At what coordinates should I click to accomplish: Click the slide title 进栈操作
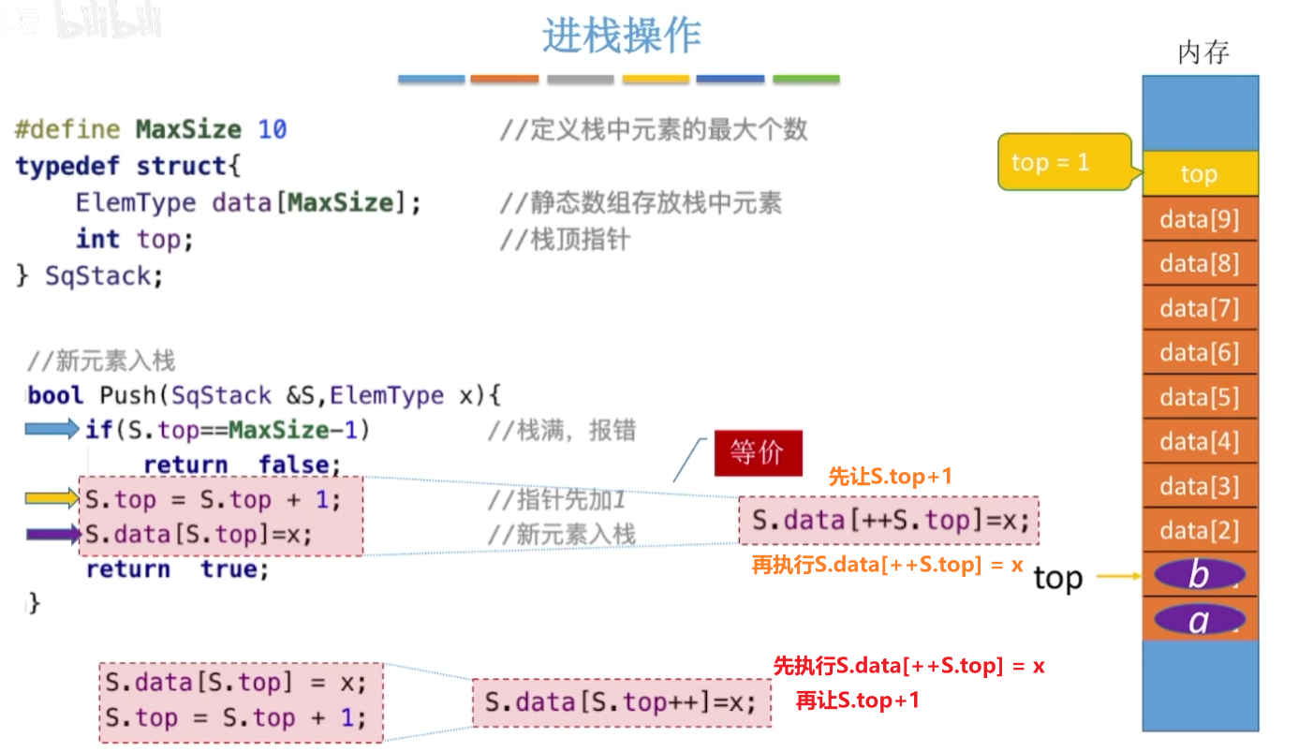621,36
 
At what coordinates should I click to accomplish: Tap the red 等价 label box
758,453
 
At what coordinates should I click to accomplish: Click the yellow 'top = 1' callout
1064,162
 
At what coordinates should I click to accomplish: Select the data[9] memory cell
1200,220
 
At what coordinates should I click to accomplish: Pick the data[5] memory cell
1200,398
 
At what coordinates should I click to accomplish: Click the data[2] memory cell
1200,531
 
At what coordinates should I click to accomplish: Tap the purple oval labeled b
1200,574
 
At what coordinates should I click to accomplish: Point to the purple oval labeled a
1200,619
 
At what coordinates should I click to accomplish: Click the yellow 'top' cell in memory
1200,174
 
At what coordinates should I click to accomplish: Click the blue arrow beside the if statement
52,430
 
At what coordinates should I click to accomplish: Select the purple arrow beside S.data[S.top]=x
53,536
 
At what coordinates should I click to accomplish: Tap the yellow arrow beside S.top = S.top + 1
53,500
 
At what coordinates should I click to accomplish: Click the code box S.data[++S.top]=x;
889,521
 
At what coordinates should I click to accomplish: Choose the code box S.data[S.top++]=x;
621,702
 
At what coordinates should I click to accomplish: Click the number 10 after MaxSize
272,129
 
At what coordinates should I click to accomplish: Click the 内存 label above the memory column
1202,52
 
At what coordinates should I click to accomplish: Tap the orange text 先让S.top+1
890,477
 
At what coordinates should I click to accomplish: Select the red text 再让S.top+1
857,700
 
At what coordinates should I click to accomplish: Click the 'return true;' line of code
177,569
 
